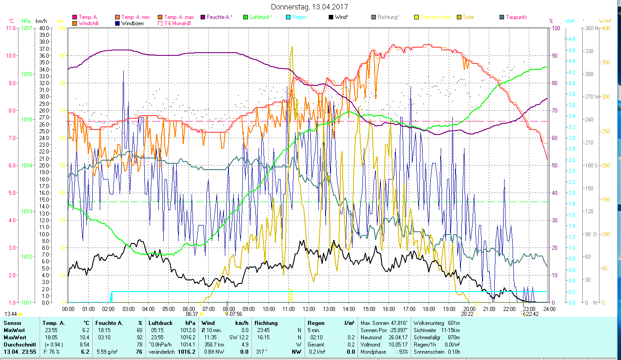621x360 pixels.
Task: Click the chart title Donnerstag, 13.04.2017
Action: (310, 7)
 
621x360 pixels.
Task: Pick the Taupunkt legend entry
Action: (516, 17)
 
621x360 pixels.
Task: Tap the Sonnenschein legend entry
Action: (436, 17)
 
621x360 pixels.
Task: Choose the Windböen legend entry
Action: (132, 23)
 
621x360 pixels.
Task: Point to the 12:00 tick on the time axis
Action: (309, 309)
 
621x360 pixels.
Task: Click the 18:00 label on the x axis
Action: (429, 309)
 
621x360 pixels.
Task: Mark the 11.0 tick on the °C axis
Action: (10, 28)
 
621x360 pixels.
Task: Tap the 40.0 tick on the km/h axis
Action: (44, 28)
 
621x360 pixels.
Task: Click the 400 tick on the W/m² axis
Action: (606, 28)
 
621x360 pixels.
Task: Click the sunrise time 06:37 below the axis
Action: (192, 314)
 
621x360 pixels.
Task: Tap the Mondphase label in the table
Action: (374, 351)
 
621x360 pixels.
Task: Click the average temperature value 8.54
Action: (84, 344)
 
